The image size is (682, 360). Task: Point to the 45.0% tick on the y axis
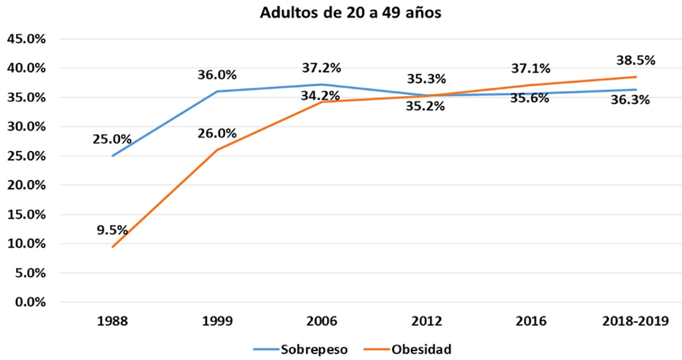click(x=26, y=39)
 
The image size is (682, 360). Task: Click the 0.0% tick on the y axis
click(x=29, y=302)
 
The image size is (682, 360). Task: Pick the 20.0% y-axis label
click(x=26, y=185)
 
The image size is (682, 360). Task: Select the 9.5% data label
click(x=112, y=230)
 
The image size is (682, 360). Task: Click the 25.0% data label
click(x=112, y=138)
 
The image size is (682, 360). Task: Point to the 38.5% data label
click(x=636, y=60)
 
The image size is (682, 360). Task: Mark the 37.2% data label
click(x=321, y=68)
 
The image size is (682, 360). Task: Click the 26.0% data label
click(x=217, y=133)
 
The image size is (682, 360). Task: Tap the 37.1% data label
click(x=531, y=68)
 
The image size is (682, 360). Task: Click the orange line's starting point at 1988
click(x=112, y=246)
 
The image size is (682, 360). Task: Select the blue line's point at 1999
click(x=217, y=91)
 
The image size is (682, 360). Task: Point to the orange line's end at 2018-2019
click(x=636, y=77)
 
